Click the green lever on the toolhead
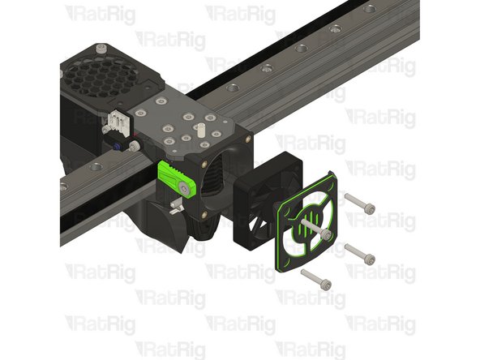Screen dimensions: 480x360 176,178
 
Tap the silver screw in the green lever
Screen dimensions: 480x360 184,187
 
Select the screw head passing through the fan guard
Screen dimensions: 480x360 326,235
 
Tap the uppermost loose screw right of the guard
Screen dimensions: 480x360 360,203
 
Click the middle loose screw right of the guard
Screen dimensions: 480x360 360,253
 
